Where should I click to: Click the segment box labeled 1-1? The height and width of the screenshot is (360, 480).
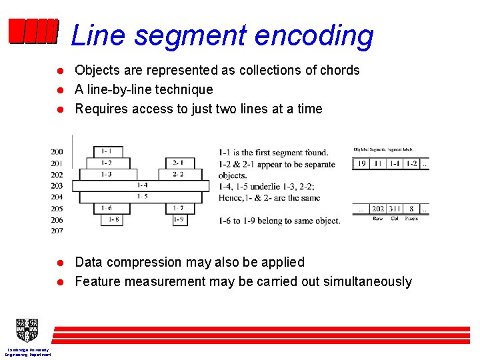point(107,152)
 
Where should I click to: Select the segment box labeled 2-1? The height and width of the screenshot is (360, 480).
point(178,163)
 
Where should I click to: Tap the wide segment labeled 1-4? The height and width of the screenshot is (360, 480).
point(142,185)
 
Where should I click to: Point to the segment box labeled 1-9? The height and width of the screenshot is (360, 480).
point(178,219)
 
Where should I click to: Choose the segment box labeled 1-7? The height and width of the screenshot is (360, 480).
point(178,208)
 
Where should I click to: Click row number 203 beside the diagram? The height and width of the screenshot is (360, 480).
point(57,186)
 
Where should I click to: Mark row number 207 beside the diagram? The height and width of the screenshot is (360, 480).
point(57,231)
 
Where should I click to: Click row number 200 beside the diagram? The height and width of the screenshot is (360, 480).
point(57,152)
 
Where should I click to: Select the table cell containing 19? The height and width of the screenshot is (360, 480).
point(361,163)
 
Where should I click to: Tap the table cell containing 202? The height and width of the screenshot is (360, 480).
point(377,209)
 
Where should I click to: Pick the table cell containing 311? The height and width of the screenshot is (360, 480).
point(395,209)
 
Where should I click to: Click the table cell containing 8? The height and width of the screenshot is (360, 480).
point(412,209)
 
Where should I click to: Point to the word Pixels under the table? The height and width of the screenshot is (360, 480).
point(411,219)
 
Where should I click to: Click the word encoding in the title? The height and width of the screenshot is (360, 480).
point(317,35)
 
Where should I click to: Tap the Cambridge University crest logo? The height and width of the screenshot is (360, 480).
point(27,330)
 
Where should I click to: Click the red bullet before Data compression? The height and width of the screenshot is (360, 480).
point(59,263)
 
